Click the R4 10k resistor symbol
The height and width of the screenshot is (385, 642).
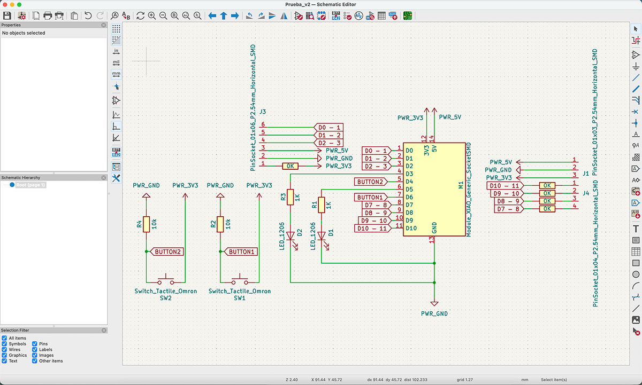pos(146,225)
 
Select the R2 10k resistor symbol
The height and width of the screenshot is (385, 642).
pos(219,225)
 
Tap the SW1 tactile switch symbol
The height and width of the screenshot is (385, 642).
pos(239,281)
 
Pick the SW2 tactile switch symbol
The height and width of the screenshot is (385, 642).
pos(165,281)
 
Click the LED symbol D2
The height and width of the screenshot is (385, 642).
pos(290,234)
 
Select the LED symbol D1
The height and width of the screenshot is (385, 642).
pos(321,234)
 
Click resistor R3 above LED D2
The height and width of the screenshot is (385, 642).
pos(290,197)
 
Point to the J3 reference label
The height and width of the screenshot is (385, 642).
pos(262,112)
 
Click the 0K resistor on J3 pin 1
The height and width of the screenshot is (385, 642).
pos(289,166)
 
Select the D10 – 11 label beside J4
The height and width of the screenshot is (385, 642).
pos(503,185)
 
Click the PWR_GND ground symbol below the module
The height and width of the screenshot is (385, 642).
pos(434,303)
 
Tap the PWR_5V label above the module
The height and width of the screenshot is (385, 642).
pos(450,117)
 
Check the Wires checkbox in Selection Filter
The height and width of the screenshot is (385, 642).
pos(4,350)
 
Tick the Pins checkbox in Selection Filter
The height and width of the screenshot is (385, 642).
pos(35,344)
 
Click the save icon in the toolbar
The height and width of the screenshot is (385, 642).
pos(7,16)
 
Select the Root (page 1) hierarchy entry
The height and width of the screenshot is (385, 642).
pos(31,185)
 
